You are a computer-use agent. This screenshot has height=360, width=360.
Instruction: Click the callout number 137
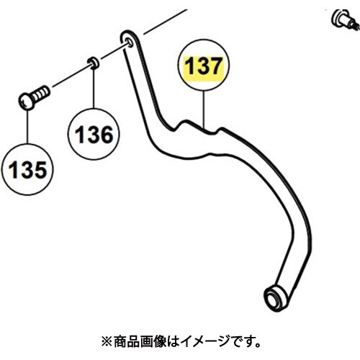click(x=203, y=66)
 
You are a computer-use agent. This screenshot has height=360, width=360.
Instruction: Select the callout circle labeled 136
click(x=94, y=135)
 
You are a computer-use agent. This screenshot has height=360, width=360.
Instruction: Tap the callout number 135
click(x=27, y=170)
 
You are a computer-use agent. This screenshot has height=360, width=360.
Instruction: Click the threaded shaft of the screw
click(x=41, y=94)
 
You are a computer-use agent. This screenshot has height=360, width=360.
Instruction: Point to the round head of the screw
click(x=27, y=102)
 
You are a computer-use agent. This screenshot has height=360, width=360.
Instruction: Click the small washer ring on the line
click(x=93, y=63)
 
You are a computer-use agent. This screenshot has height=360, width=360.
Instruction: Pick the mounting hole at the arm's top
click(x=129, y=42)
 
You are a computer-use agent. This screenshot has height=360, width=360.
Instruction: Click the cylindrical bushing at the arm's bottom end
click(x=275, y=297)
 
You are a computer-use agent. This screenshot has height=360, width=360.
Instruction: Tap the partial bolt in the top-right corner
click(x=345, y=19)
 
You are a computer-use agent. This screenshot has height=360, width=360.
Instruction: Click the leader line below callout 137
click(x=204, y=109)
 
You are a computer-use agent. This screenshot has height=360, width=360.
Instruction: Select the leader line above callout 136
click(x=94, y=88)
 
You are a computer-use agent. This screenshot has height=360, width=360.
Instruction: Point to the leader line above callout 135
click(x=27, y=127)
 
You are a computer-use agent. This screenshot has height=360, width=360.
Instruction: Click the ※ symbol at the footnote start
click(x=107, y=341)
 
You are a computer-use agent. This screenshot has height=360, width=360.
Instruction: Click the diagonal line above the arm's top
click(x=165, y=22)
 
